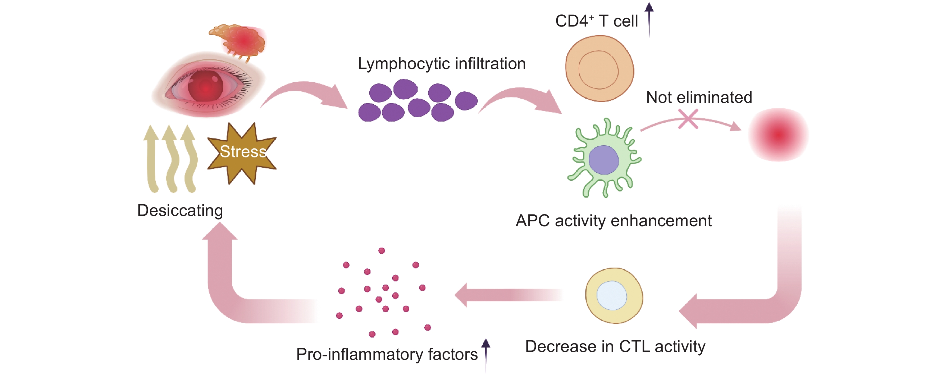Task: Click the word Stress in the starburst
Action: [x=243, y=152]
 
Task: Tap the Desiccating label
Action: [x=180, y=211]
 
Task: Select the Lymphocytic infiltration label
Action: [x=441, y=64]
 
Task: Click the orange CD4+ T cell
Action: [x=600, y=68]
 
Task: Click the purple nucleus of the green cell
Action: [x=603, y=160]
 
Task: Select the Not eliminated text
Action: [x=699, y=97]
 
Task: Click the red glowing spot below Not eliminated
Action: [x=778, y=135]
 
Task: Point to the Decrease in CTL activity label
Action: [x=615, y=347]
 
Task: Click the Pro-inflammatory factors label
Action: [x=387, y=354]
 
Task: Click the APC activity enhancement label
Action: [x=613, y=221]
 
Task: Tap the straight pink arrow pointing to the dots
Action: [x=509, y=295]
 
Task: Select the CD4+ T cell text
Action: [x=596, y=21]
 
